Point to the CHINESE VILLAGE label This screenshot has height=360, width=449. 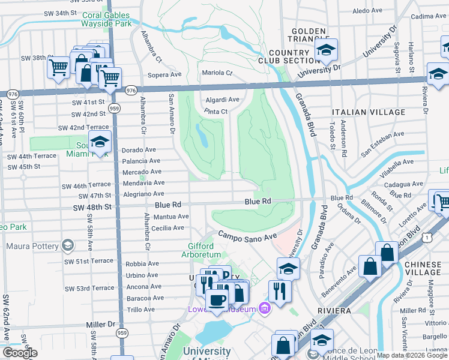click(423, 268)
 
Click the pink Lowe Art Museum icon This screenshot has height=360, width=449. click(265, 309)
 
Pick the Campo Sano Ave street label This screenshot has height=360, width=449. click(246, 236)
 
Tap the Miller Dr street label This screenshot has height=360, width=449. click(100, 324)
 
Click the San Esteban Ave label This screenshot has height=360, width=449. click(383, 145)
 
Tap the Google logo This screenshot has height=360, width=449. click(20, 353)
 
